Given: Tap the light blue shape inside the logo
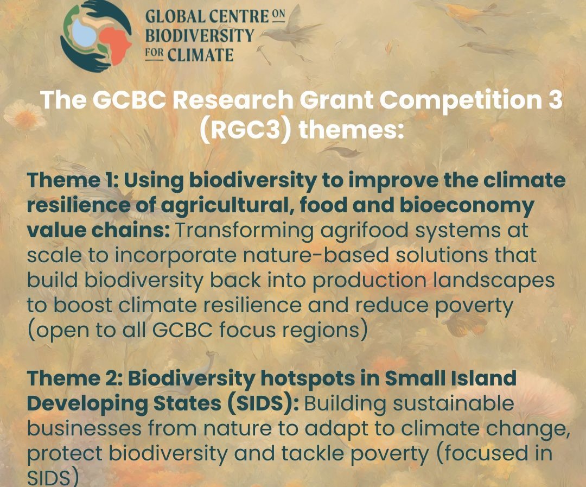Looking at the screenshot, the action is pyautogui.click(x=84, y=33).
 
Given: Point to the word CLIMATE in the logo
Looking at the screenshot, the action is pyautogui.click(x=200, y=55).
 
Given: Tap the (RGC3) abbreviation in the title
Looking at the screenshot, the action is pyautogui.click(x=245, y=130).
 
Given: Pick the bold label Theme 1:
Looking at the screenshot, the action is pyautogui.click(x=73, y=180).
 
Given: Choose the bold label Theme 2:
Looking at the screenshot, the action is pyautogui.click(x=75, y=378).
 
